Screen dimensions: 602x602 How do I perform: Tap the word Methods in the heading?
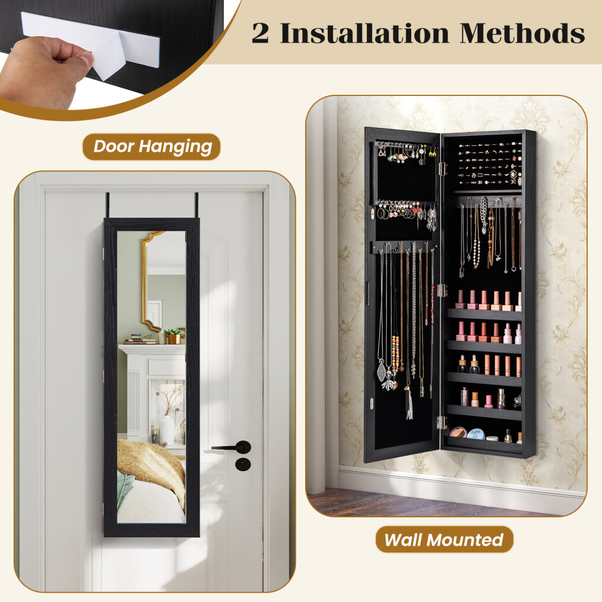tap(523, 33)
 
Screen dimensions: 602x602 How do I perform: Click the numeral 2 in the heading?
tap(260, 33)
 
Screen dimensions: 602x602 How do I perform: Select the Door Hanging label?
tap(152, 146)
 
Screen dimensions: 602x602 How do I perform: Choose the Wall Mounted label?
tap(444, 539)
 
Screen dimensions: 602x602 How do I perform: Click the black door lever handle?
tap(232, 447)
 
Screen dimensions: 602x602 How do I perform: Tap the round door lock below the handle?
tap(243, 464)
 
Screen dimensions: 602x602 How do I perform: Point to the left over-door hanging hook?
tap(108, 206)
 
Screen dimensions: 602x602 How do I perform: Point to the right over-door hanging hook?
tap(197, 206)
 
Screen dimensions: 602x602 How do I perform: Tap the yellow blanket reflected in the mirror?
tap(152, 466)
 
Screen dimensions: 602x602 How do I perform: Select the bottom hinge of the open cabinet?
tap(442, 422)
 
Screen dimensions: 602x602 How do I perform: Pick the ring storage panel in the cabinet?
tap(489, 163)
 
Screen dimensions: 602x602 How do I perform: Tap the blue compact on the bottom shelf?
tap(476, 434)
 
